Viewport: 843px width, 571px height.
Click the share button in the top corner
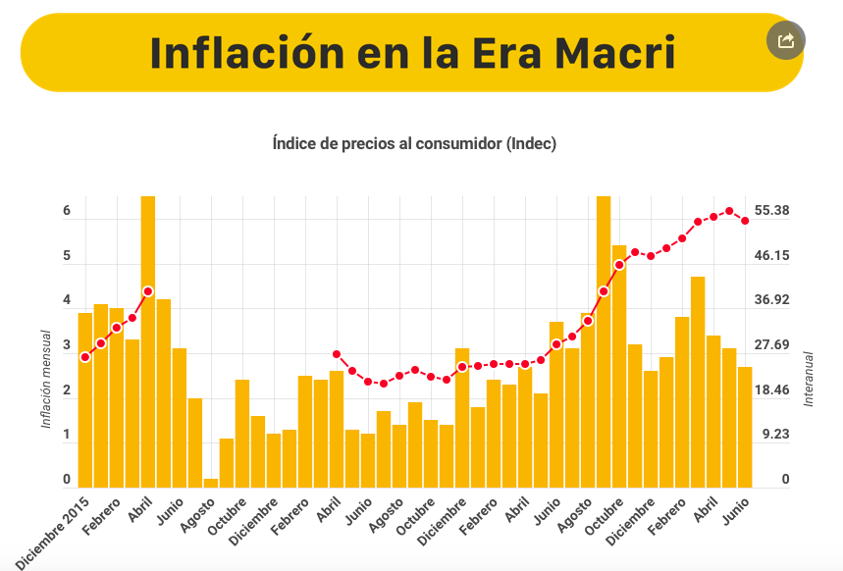pyautogui.click(x=785, y=40)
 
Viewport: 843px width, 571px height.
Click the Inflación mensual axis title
pyautogui.click(x=46, y=379)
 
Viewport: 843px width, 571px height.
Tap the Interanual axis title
pyautogui.click(x=809, y=379)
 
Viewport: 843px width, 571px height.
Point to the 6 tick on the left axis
pyautogui.click(x=67, y=211)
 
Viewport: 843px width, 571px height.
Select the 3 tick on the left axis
pyautogui.click(x=67, y=345)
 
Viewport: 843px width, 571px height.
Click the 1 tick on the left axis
pyautogui.click(x=67, y=435)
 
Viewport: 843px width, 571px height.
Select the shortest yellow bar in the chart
pyautogui.click(x=211, y=482)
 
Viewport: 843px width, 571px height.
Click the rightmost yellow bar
pyautogui.click(x=745, y=427)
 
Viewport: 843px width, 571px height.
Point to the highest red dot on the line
pyautogui.click(x=729, y=211)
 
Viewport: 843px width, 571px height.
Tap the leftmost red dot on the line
pyautogui.click(x=85, y=356)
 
